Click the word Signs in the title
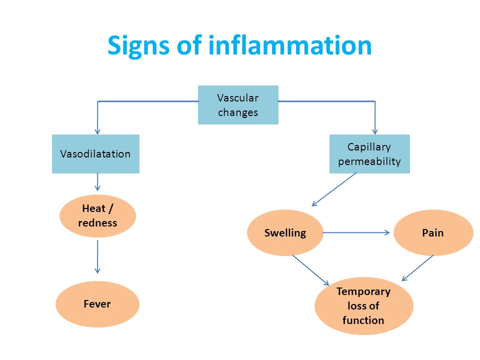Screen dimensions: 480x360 [x=138, y=45]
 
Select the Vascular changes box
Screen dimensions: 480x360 [x=238, y=105]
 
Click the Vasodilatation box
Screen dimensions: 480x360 [x=96, y=154]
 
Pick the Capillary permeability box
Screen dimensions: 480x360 [x=369, y=154]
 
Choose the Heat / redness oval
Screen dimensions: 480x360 [x=97, y=216]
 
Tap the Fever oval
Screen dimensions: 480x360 [x=97, y=304]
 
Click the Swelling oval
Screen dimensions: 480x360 [x=285, y=232]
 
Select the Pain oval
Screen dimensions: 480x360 [x=433, y=232]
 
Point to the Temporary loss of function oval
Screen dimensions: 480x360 [x=363, y=306]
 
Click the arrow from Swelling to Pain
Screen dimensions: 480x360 [x=356, y=232]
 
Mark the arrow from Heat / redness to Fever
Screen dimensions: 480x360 [x=97, y=257]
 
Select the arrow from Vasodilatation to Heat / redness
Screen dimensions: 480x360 [x=97, y=182]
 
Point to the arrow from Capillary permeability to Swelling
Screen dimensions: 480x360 [x=334, y=189]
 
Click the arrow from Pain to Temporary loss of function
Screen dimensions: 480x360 [x=417, y=268]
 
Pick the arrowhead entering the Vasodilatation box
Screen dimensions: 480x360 [x=97, y=132]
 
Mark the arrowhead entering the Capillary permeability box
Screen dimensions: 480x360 [x=375, y=132]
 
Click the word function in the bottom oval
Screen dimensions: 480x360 [x=363, y=320]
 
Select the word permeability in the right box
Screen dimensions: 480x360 [x=369, y=161]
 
